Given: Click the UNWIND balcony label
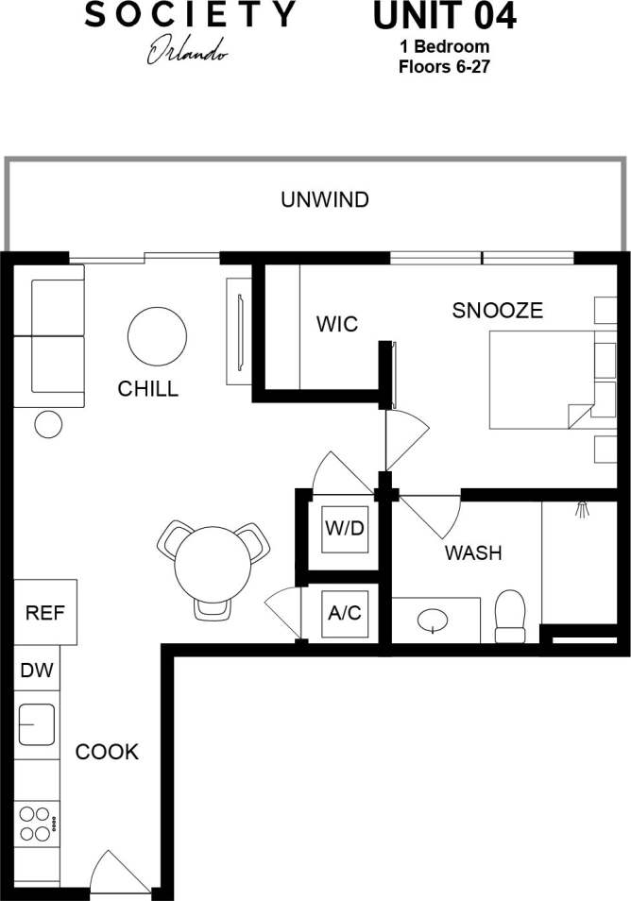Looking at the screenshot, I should (x=324, y=200).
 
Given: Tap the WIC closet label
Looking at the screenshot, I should (x=337, y=325).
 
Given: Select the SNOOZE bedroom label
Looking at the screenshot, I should (x=497, y=310).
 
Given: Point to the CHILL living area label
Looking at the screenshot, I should (x=147, y=388).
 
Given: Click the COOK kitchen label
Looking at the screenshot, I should (x=107, y=752).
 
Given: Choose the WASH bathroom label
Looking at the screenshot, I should (x=473, y=552).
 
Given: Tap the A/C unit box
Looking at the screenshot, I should (x=344, y=613).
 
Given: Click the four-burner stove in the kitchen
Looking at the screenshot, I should (x=36, y=822).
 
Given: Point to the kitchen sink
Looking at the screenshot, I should (x=37, y=725).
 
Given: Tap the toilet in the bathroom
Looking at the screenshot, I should (x=510, y=614).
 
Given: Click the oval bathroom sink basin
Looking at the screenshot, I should (x=434, y=620).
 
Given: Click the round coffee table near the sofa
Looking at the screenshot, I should (x=157, y=335).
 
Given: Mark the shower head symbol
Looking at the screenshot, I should (x=582, y=509).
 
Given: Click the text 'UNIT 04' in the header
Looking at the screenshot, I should (x=444, y=17).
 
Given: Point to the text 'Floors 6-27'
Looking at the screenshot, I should (x=443, y=66).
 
